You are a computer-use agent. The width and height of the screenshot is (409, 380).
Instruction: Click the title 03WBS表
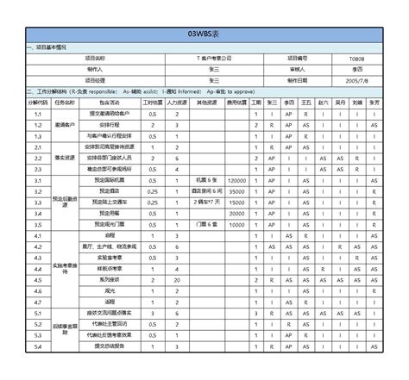[x=205, y=34]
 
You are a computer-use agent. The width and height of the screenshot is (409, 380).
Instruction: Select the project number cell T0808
[x=356, y=58]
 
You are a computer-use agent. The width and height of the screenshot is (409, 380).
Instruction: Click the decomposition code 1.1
[x=38, y=114]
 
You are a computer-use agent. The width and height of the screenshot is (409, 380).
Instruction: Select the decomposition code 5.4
[x=38, y=346]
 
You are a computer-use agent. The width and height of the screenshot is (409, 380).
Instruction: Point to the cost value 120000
[x=236, y=179]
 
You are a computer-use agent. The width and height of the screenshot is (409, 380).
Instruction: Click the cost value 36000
[x=236, y=190]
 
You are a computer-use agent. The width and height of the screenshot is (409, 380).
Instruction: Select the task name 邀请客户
[x=66, y=125]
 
